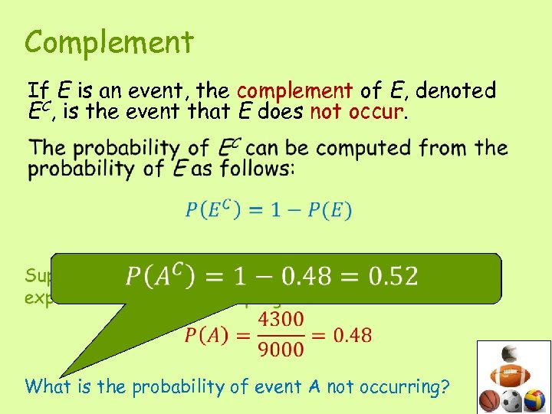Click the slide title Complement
109,43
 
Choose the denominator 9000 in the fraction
281,349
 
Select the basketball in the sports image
489,400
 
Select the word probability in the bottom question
171,387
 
